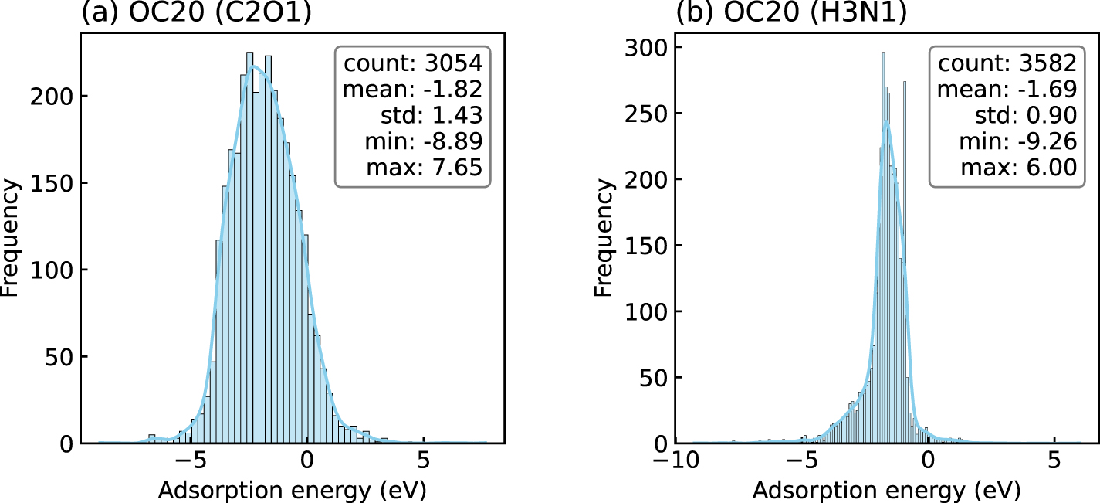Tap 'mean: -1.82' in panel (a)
(x=413, y=89)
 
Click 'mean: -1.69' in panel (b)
(x=1007, y=89)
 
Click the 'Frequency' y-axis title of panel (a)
(x=12, y=239)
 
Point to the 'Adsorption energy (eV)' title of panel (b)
(x=886, y=490)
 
